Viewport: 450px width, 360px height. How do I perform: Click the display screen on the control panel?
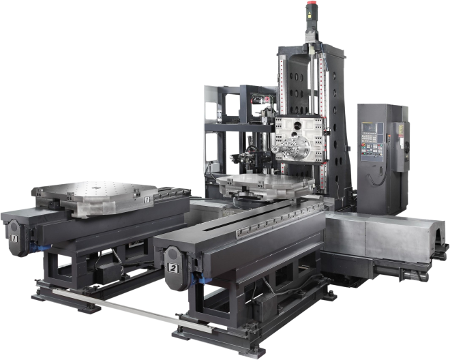tap(369, 127)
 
